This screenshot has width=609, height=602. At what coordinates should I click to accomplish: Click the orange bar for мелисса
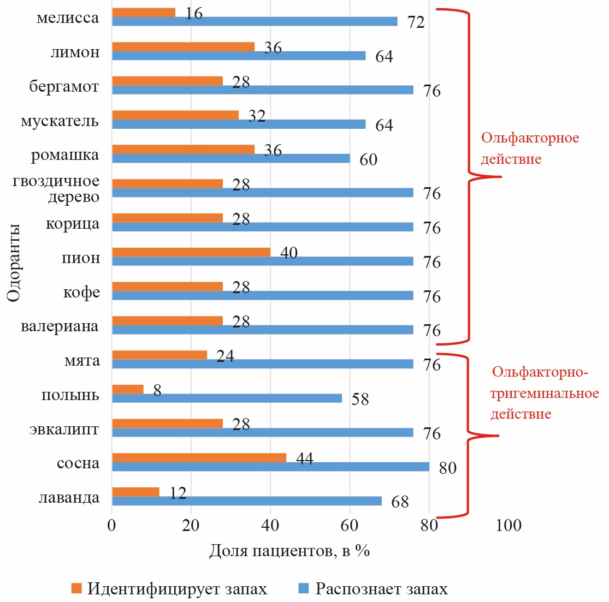(x=144, y=12)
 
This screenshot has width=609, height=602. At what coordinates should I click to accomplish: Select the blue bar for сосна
(x=270, y=467)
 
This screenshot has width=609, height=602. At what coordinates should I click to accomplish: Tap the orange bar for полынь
(x=128, y=389)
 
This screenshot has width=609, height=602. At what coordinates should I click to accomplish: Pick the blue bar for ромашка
(x=230, y=158)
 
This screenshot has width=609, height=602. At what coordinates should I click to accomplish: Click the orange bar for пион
(x=191, y=252)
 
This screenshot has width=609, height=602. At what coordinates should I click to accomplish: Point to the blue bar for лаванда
(x=246, y=500)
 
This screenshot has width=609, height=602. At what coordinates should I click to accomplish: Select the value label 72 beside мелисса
(x=416, y=22)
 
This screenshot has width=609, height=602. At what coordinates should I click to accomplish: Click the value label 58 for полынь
(x=360, y=399)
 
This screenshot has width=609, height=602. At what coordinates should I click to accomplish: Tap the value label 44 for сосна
(x=304, y=458)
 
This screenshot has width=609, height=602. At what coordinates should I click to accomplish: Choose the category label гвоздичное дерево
(x=56, y=189)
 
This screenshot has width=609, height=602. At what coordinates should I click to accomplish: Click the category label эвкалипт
(x=64, y=429)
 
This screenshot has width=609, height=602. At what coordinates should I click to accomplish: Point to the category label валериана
(x=60, y=326)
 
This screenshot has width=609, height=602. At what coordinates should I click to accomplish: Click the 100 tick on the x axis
(x=509, y=526)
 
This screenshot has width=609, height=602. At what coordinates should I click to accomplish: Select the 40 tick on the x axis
(x=270, y=526)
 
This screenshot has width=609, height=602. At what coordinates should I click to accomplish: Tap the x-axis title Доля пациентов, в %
(x=289, y=551)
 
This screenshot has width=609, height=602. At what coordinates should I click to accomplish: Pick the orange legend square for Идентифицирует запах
(x=77, y=588)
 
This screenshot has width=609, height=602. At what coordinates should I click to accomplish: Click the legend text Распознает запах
(x=381, y=589)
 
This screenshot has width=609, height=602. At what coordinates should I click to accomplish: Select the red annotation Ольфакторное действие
(x=529, y=148)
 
